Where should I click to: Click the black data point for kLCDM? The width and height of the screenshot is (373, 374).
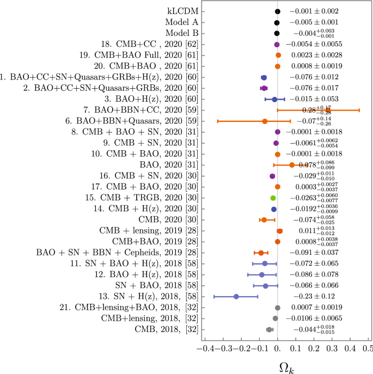click(277, 11)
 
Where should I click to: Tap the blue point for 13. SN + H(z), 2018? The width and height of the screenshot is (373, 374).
click(236, 297)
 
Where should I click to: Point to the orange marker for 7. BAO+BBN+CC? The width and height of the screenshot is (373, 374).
click(328, 110)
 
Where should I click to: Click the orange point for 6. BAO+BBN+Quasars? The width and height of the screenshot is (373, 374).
click(265, 121)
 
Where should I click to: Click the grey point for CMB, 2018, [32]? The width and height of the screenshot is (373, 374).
click(269, 329)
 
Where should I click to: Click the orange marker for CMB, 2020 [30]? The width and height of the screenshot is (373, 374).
click(264, 220)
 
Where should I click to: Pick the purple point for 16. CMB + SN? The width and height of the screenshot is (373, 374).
click(272, 176)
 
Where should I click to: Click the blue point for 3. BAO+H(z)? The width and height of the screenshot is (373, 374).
click(274, 99)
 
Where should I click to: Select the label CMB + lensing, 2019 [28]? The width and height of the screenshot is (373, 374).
click(144, 231)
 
